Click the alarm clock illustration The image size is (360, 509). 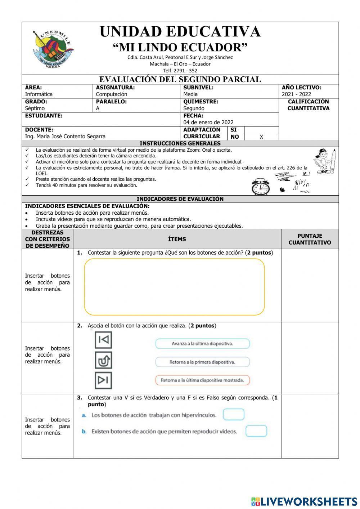261,187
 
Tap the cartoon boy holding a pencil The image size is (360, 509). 325,161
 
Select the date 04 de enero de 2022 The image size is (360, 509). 208,122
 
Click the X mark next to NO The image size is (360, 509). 261,137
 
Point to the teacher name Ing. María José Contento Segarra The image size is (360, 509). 65,137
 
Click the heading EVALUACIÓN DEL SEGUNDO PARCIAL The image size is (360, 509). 180,79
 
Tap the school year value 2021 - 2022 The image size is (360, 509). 296,94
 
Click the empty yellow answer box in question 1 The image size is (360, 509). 174,287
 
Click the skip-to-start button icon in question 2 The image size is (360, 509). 103,340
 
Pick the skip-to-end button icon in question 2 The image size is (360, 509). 103,380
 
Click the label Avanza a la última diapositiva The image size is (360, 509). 202,344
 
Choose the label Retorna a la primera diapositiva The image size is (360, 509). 202,362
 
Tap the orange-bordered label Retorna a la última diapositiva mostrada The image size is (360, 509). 202,380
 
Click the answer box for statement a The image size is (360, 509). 233,415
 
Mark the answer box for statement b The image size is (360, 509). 256,431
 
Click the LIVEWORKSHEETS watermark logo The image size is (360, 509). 304,501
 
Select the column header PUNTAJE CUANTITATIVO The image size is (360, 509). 310,239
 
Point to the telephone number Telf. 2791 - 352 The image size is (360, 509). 180,71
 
